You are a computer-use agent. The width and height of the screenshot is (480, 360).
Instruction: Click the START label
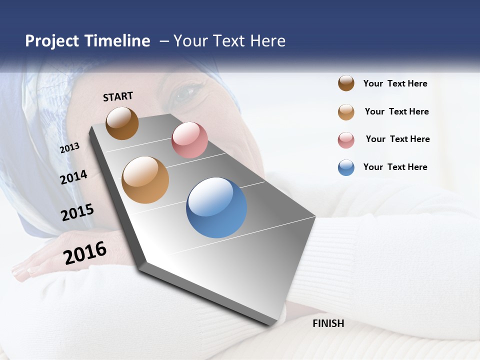tap(118, 96)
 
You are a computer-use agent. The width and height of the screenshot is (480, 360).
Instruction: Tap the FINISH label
tap(328, 323)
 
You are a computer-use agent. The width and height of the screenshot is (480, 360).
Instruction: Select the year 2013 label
tap(70, 147)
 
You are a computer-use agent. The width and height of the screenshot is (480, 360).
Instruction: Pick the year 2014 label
tap(74, 177)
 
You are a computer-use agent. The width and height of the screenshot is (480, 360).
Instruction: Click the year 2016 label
tap(85, 253)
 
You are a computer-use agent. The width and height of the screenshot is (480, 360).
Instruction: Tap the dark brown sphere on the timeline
tap(122, 123)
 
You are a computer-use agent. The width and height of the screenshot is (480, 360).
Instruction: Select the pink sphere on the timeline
tap(189, 140)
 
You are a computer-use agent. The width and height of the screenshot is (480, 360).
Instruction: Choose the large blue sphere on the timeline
tap(216, 207)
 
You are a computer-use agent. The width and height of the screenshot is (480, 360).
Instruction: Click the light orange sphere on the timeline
tap(145, 180)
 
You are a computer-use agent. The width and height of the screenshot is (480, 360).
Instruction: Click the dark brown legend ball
tap(346, 83)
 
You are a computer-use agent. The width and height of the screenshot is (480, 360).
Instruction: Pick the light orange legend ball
tap(346, 112)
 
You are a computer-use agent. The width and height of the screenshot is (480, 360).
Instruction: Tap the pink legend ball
tap(346, 140)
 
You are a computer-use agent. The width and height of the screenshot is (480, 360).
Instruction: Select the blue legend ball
tap(346, 167)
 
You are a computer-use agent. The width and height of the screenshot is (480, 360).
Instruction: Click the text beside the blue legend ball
tap(395, 167)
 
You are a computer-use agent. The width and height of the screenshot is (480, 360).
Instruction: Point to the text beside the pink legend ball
tap(397, 139)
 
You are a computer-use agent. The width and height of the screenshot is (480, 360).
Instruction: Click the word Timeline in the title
tap(117, 41)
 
